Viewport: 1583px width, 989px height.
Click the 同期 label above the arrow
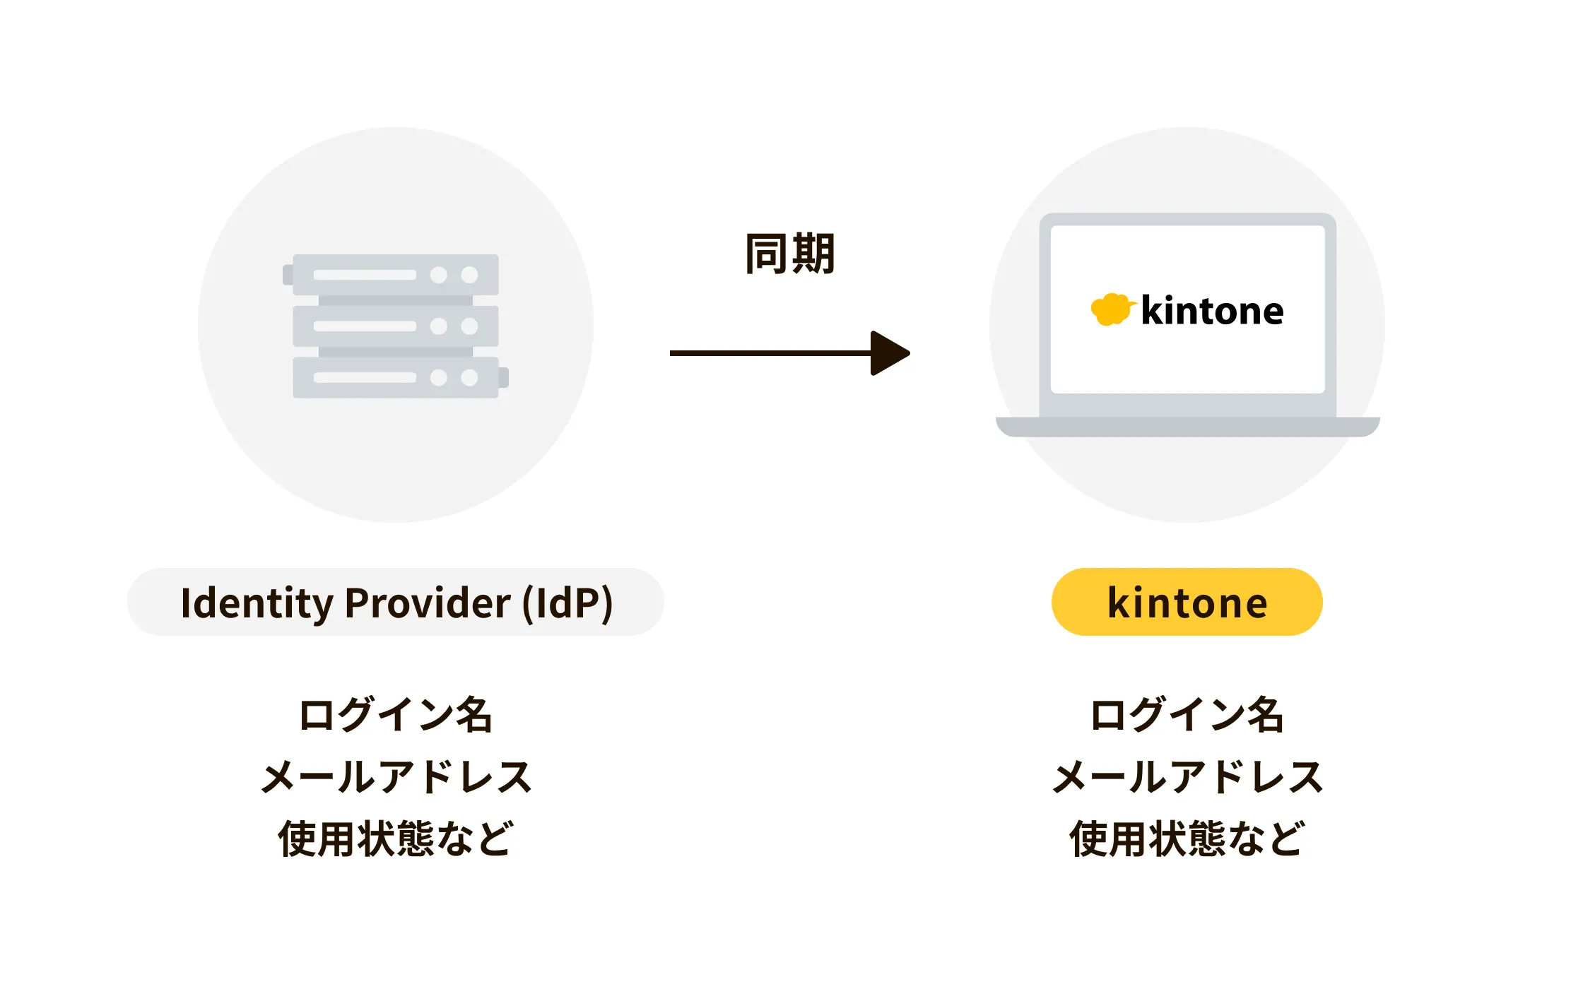(x=790, y=254)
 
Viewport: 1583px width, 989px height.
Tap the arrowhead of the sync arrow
(x=889, y=353)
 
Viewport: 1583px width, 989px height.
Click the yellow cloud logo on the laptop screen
(x=1112, y=309)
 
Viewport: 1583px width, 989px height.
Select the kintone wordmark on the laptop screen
(x=1212, y=311)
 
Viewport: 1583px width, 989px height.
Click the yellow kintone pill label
(x=1187, y=602)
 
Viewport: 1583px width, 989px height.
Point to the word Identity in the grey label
(x=257, y=603)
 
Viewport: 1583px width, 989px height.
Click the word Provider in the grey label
(x=427, y=603)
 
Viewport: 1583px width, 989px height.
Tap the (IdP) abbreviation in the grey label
(x=567, y=603)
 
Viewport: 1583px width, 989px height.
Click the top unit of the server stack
(x=395, y=275)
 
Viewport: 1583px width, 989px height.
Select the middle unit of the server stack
(x=395, y=326)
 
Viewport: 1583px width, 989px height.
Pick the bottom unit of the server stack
(x=395, y=377)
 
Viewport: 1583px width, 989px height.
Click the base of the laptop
(x=1187, y=427)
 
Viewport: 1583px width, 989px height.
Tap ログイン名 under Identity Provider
(x=395, y=714)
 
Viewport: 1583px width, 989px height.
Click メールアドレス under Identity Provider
(x=395, y=776)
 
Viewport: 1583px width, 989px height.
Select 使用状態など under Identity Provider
(x=395, y=839)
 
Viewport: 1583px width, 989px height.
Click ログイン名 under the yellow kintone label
(x=1187, y=714)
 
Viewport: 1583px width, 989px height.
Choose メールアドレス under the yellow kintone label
(x=1187, y=776)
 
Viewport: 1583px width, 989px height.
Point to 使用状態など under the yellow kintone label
(x=1187, y=839)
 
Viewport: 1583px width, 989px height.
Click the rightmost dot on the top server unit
(x=469, y=275)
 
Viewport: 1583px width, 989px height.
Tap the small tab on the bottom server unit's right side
(x=503, y=377)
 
